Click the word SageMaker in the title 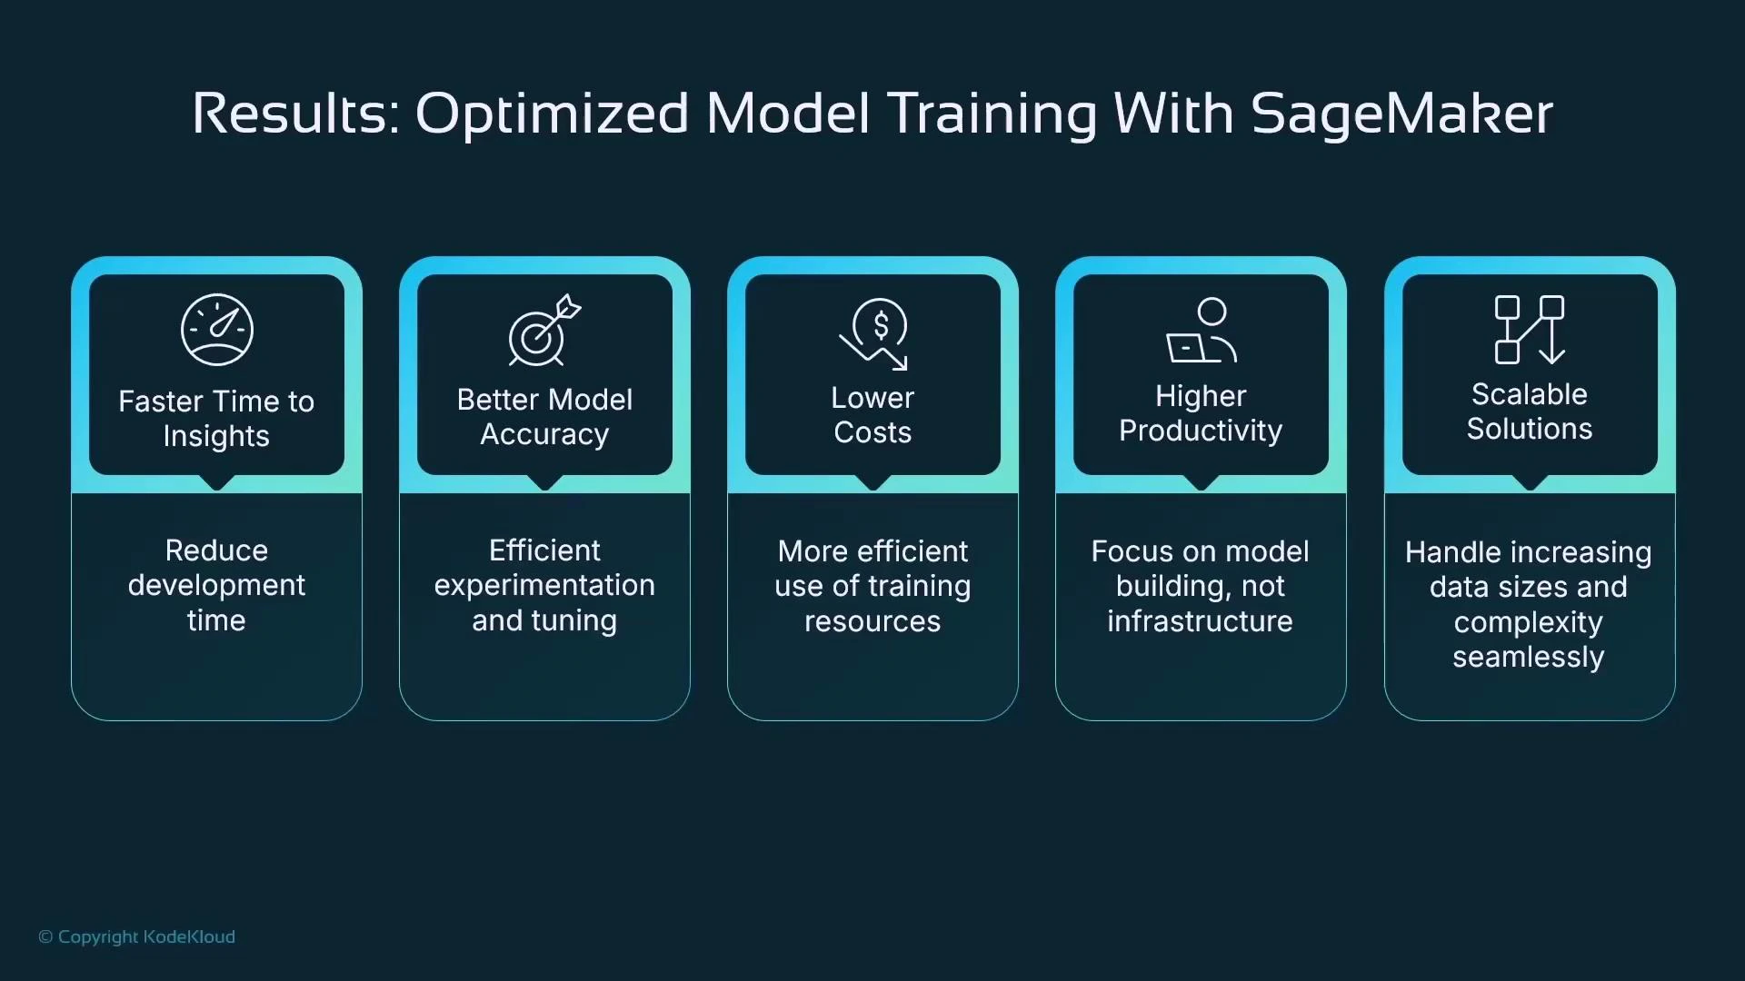point(1401,114)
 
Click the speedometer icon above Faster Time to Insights point(216,330)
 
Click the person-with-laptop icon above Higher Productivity point(1201,331)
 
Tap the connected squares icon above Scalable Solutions point(1530,330)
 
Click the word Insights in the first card point(216,437)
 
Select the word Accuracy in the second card point(543,435)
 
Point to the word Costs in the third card point(872,433)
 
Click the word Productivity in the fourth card point(1200,431)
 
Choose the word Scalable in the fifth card point(1529,394)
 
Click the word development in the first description point(216,586)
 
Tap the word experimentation point(543,586)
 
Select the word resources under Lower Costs point(872,621)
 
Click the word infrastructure point(1200,621)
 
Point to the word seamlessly point(1528,658)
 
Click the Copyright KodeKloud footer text point(137,936)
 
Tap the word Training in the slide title point(992,114)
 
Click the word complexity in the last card point(1528,623)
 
